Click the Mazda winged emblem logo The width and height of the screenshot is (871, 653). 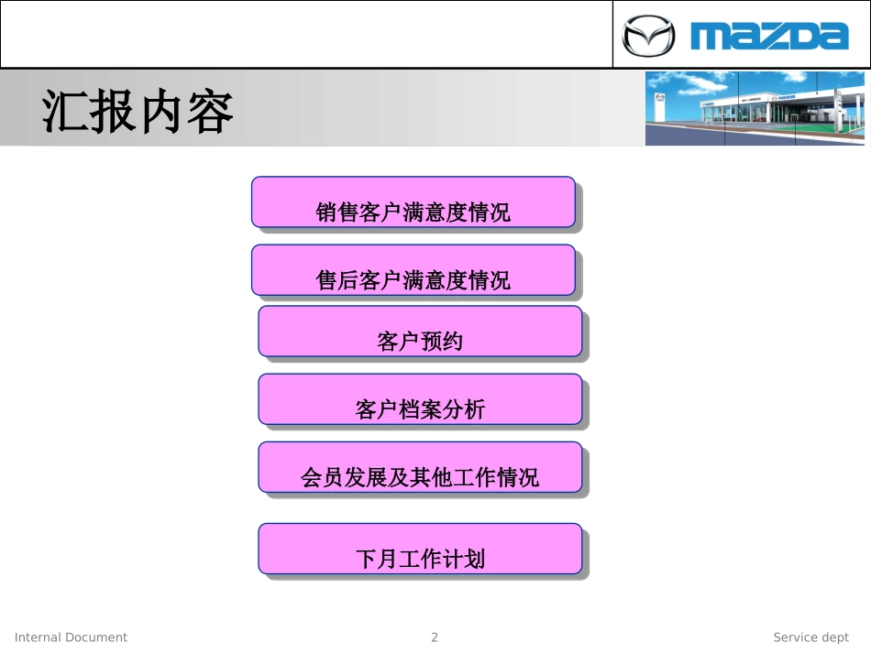pyautogui.click(x=648, y=37)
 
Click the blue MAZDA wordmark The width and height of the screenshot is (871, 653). pyautogui.click(x=770, y=37)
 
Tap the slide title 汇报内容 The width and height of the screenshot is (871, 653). pyautogui.click(x=138, y=113)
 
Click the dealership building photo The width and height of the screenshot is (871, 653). pyautogui.click(x=755, y=108)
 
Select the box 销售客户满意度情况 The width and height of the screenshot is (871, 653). pyautogui.click(x=413, y=202)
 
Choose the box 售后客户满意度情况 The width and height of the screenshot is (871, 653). pyautogui.click(x=413, y=270)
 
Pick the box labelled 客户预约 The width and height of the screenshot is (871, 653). pyautogui.click(x=420, y=332)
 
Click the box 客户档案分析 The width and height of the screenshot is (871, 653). pyautogui.click(x=420, y=399)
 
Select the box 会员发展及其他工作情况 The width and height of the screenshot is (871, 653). pyautogui.click(x=420, y=468)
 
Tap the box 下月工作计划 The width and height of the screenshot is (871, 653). pyautogui.click(x=420, y=549)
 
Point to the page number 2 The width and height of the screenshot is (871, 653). pyautogui.click(x=435, y=637)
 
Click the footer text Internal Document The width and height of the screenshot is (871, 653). pyautogui.click(x=72, y=637)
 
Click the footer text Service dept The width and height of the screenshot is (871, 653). pyautogui.click(x=810, y=637)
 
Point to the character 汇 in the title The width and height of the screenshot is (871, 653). pyautogui.click(x=65, y=113)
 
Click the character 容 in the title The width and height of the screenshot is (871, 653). pyautogui.click(x=211, y=113)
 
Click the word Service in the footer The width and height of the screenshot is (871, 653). pyautogui.click(x=795, y=637)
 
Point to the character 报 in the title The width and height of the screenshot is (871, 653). pyautogui.click(x=114, y=113)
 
